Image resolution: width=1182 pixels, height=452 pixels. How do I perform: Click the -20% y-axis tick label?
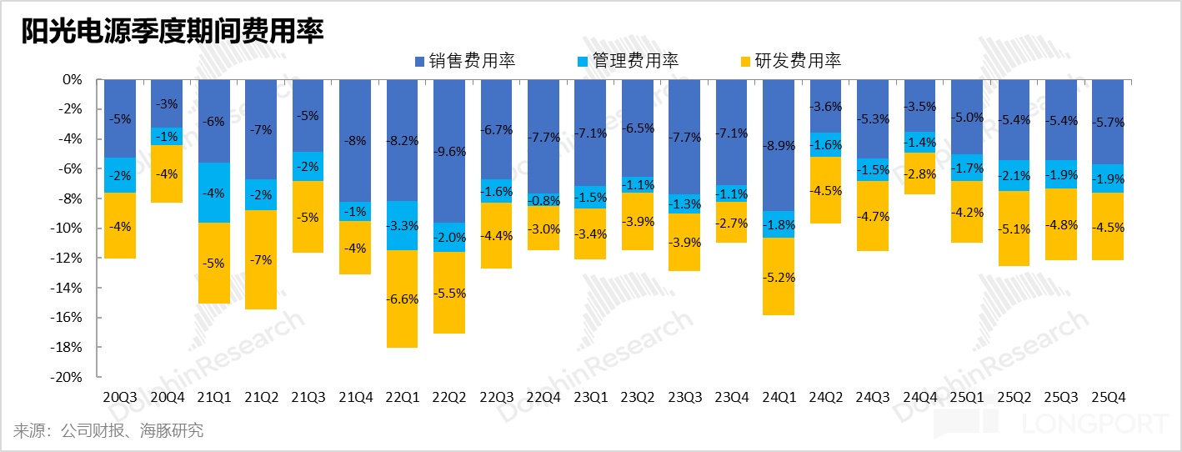pos(68,377)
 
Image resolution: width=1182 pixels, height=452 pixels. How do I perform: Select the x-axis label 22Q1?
pos(402,397)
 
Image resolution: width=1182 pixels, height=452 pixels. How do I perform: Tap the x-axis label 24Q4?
pos(920,397)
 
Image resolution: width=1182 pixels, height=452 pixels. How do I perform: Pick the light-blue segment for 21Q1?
pos(213,193)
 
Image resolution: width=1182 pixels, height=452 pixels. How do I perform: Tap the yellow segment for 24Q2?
pos(825,190)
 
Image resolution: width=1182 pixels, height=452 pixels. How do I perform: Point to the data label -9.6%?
pos(448,152)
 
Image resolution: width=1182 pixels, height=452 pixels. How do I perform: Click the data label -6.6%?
pos(402,299)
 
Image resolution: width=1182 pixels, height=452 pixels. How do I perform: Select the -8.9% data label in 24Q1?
pos(779,146)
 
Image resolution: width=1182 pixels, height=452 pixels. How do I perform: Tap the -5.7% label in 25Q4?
pos(1109,123)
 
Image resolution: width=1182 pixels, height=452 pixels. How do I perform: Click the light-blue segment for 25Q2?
pos(1014,175)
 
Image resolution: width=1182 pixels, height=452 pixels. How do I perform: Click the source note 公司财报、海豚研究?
pos(108,430)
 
